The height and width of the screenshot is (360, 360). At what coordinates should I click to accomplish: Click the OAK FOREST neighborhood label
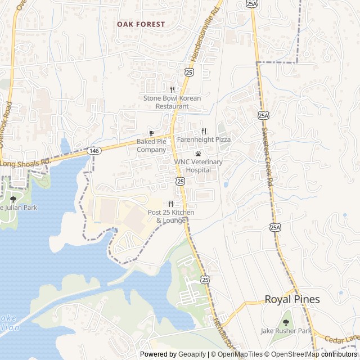141,24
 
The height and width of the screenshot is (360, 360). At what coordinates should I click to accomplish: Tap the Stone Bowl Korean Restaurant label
172,102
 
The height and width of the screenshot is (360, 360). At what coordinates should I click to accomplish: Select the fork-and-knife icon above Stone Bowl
172,89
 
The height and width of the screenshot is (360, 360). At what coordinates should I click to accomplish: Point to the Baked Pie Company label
151,146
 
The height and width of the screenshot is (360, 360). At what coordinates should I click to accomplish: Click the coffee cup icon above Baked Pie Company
151,133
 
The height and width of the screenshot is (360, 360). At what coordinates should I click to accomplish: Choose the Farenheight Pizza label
204,139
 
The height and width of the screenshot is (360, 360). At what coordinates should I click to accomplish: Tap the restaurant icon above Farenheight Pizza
204,130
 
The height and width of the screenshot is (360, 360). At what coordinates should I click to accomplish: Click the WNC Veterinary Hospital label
198,165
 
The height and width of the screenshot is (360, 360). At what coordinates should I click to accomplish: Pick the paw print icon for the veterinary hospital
198,154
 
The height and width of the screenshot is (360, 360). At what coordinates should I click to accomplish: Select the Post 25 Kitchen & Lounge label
171,216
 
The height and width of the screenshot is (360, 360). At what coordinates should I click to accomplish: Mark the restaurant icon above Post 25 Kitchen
170,204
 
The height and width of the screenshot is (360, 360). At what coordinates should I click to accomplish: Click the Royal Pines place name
292,300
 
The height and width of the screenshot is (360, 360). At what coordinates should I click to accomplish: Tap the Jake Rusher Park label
286,331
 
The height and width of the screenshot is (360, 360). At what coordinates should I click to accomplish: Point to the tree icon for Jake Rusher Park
286,322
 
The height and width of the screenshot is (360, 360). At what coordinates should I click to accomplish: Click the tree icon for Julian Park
13,199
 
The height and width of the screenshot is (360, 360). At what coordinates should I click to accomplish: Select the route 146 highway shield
93,151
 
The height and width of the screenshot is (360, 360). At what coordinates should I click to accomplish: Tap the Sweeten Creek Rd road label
267,155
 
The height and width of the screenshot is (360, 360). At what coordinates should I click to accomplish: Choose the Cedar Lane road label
341,339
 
